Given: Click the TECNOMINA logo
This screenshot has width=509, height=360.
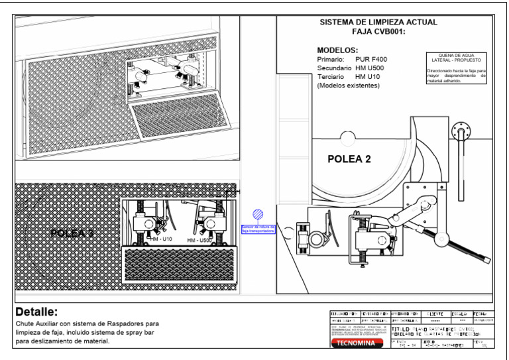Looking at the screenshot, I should point(357,344).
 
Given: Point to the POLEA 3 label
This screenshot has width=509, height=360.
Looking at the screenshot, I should point(72,233).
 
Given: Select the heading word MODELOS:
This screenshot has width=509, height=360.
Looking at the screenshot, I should point(337,50).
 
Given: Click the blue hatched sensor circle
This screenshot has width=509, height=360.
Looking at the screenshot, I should point(258,214).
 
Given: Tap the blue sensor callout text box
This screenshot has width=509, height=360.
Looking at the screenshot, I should point(258,229).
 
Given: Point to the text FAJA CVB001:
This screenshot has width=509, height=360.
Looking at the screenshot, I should point(378,31).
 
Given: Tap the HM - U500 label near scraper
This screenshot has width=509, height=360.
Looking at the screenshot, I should point(199,239).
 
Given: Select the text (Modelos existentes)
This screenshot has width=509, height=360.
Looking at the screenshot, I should point(348,86).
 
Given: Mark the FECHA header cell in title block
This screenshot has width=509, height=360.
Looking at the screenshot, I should point(484,312).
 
